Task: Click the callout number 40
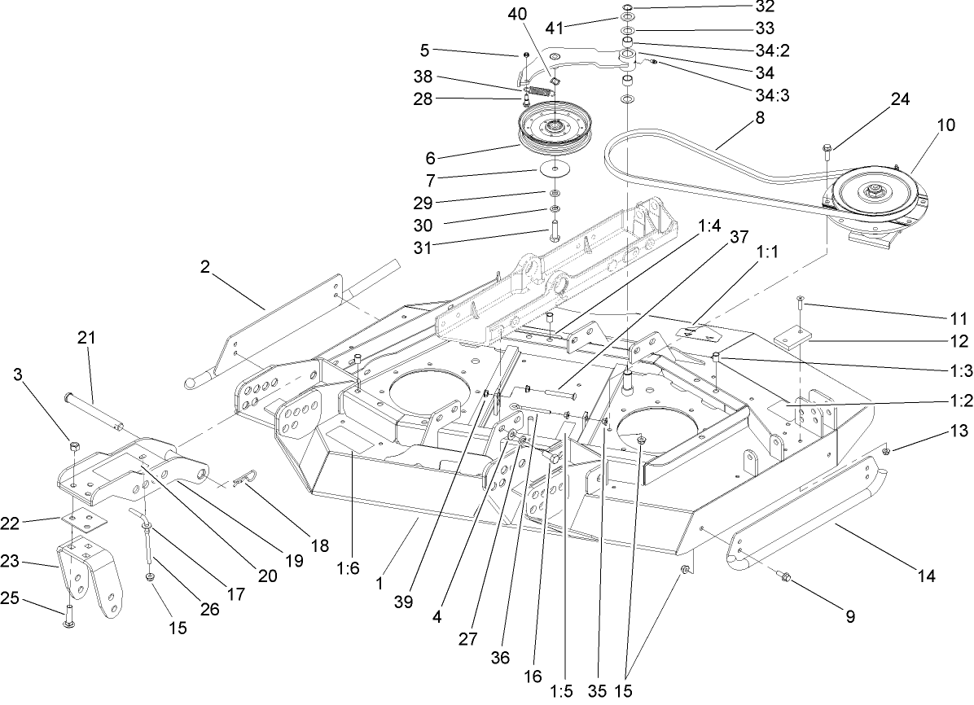coord(517,14)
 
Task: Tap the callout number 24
coord(900,100)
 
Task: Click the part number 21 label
coord(87,336)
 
